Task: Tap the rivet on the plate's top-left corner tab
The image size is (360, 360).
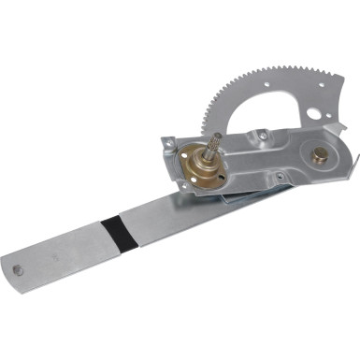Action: coord(169,143)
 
